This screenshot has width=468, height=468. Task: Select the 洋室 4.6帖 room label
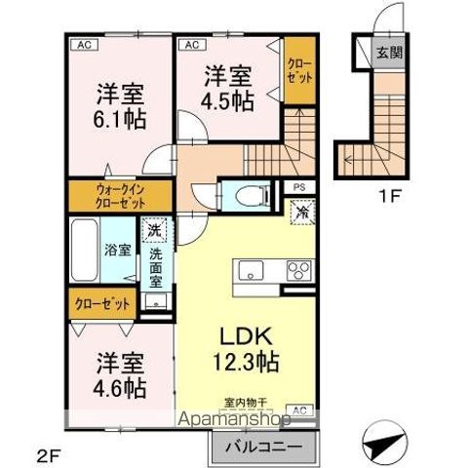tap(121, 375)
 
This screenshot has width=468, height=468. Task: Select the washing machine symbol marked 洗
tap(154, 233)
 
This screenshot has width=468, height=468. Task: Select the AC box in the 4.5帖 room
tap(190, 44)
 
